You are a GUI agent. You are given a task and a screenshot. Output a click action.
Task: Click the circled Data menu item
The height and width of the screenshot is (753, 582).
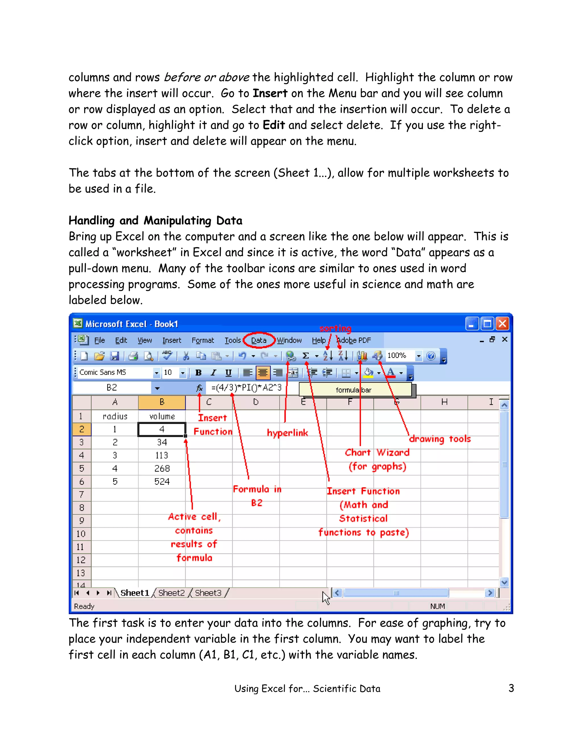tap(259, 340)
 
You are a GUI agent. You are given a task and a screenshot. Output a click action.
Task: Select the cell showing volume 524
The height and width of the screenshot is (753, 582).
tap(162, 481)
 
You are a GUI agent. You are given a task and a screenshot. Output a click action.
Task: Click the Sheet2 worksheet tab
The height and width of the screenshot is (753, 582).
tap(171, 593)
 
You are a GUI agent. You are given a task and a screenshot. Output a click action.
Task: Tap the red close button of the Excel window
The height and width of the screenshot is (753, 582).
tap(502, 324)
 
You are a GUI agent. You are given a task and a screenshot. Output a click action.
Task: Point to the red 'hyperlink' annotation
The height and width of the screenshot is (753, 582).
tap(287, 433)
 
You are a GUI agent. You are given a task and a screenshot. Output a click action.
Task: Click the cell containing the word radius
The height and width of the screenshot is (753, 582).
tap(115, 416)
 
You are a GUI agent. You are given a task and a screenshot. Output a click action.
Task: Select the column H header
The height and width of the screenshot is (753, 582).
tap(444, 402)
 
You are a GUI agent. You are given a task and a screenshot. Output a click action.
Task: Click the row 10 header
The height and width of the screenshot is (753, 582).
tap(81, 534)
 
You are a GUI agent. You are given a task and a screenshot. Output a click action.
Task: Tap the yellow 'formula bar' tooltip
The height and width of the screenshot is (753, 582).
tap(354, 390)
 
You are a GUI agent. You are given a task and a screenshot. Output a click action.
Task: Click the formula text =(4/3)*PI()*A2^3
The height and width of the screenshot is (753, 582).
tap(246, 388)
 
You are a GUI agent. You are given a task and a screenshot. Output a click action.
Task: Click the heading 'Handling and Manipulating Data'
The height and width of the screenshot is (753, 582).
tap(155, 220)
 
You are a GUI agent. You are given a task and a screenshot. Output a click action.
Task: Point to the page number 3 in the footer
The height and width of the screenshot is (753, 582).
tap(511, 688)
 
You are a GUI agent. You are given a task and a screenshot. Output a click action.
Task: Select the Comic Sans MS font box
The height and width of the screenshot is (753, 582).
tap(115, 372)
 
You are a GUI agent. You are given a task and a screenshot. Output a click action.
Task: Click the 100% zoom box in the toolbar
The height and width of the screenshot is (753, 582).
tap(398, 355)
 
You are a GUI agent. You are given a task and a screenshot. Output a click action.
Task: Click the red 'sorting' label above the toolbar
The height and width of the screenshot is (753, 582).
tap(335, 328)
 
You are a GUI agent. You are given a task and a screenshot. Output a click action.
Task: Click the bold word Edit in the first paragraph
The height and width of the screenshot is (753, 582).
tap(273, 125)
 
